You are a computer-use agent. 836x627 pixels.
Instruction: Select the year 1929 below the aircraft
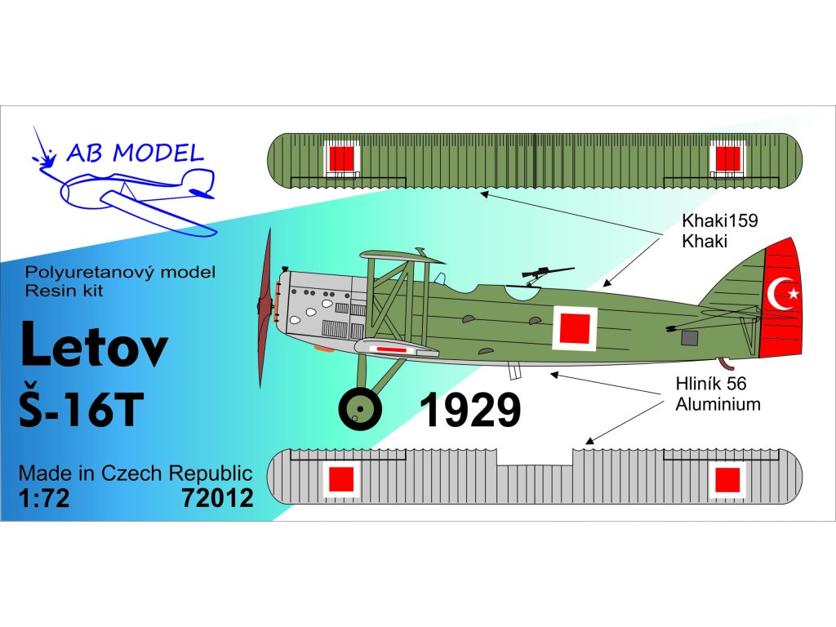(x=470, y=410)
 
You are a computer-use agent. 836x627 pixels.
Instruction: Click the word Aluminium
(x=718, y=403)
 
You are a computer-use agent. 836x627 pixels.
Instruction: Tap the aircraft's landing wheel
(x=359, y=407)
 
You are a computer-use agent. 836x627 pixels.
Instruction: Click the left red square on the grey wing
(x=340, y=479)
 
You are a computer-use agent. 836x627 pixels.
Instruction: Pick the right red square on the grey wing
(x=726, y=479)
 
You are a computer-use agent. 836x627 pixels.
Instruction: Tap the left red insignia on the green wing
(x=340, y=158)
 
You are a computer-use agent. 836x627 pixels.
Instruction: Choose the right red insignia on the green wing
(x=726, y=158)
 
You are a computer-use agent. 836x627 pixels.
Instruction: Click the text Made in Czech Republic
(x=135, y=474)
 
